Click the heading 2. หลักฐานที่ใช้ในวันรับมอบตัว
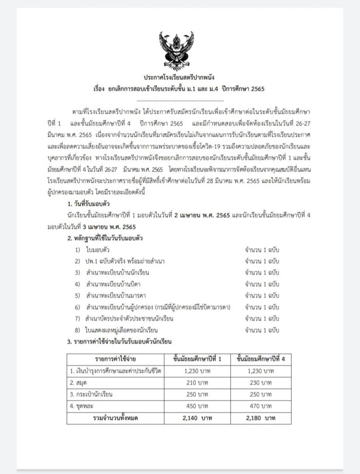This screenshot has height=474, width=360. point(105,238)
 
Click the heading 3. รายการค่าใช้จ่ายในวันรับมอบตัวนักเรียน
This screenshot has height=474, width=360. point(119,342)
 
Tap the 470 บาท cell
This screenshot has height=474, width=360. point(260,406)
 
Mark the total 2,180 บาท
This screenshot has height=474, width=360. point(260,418)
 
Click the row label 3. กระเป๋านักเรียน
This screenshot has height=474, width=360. point(91,394)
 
